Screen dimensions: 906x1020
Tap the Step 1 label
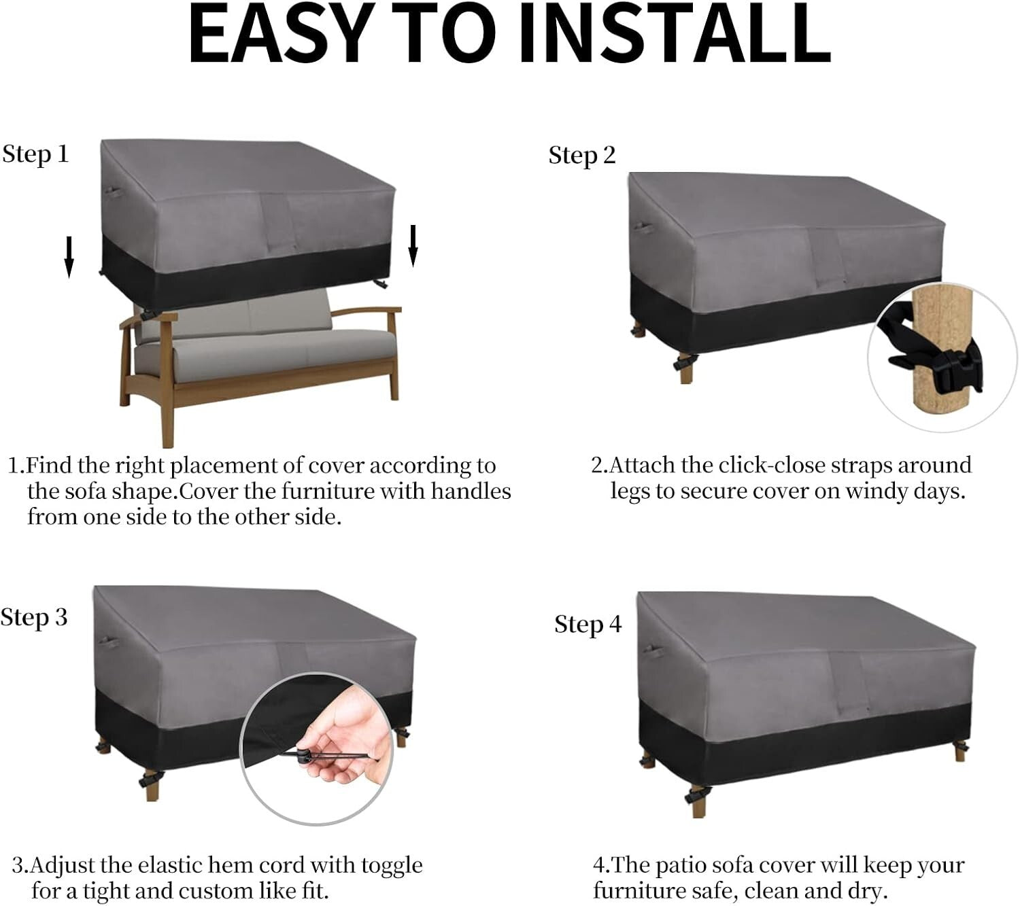35,154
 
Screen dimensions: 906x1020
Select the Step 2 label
582,156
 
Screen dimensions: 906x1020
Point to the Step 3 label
34,617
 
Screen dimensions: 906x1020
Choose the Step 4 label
588,625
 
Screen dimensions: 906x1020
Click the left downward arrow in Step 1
69,257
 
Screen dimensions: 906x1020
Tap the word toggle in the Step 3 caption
392,865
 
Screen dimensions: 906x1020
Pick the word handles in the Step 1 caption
471,491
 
